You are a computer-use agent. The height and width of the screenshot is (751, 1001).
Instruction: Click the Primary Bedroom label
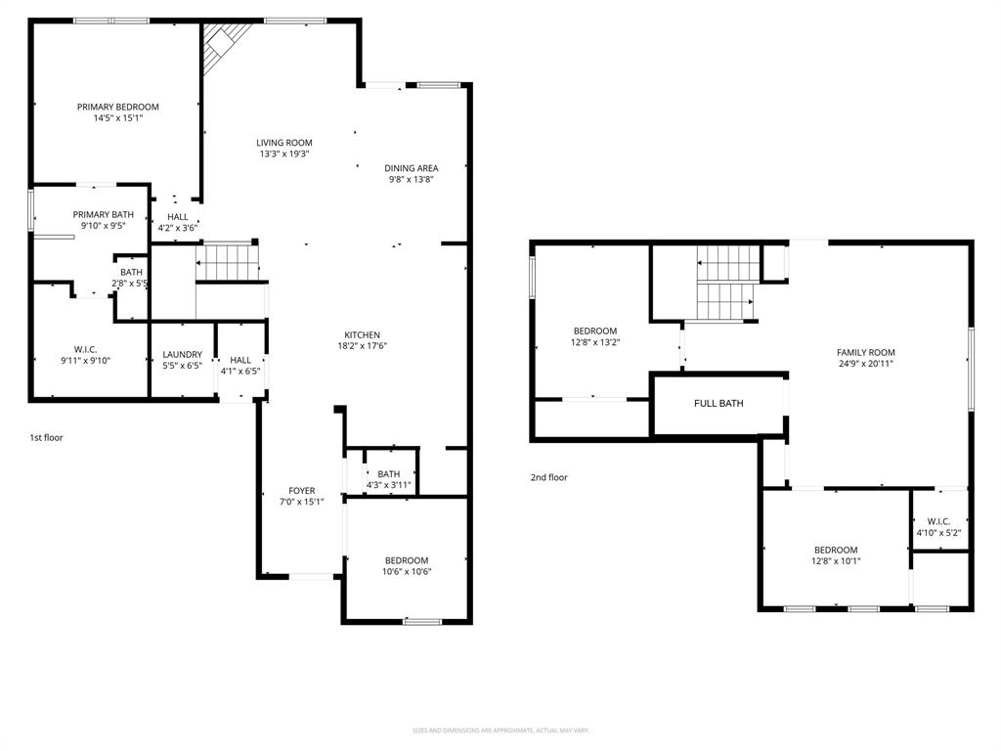point(117,107)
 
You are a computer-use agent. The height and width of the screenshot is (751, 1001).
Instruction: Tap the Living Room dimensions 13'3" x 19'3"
point(284,154)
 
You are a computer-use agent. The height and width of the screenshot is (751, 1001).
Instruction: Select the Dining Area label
point(411,168)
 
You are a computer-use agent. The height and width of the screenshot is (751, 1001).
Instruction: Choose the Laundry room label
point(182,355)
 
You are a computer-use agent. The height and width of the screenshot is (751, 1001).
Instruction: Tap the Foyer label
point(301,491)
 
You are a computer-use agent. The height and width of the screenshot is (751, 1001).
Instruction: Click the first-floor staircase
point(227,262)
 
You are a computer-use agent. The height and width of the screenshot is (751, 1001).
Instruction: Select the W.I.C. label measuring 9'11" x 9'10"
point(86,349)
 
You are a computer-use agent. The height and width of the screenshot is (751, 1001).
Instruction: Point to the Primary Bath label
point(103,214)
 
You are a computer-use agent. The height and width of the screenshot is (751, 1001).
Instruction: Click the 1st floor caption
point(46,437)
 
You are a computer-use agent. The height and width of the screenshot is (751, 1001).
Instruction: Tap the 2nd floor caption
point(548,477)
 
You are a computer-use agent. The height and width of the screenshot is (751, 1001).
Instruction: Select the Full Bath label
point(718,403)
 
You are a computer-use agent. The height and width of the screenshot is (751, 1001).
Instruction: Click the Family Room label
point(865,352)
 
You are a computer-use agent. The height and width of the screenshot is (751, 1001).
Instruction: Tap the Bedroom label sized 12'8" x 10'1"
point(836,550)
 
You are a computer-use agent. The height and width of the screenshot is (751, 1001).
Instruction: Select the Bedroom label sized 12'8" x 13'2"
point(595,331)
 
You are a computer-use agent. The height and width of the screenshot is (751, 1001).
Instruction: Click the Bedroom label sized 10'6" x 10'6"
point(406,560)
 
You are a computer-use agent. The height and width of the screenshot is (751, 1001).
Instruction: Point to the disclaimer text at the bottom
point(500,730)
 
